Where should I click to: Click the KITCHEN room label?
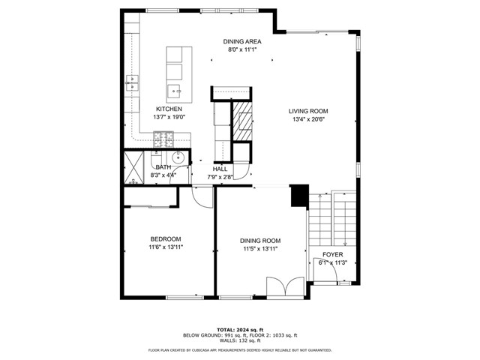tap(169, 109)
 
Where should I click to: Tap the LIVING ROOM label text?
tap(308, 111)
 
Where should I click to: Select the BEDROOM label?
tap(166, 238)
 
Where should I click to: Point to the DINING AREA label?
tap(242, 42)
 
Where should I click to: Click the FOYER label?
tap(333, 254)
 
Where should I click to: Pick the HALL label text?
tap(220, 169)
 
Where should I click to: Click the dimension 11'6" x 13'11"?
tap(166, 247)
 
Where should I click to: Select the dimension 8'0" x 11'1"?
tap(242, 50)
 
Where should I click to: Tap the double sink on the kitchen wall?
tap(133, 82)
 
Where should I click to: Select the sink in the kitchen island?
tap(174, 92)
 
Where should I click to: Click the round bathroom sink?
tap(178, 158)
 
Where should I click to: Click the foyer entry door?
tap(324, 271)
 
